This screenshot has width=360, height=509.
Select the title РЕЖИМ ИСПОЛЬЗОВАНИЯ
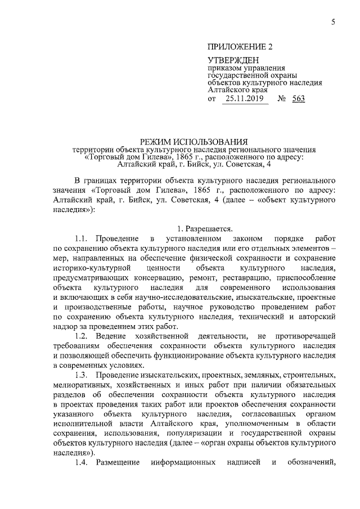coord(194,141)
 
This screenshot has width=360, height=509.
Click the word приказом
coord(223,69)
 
